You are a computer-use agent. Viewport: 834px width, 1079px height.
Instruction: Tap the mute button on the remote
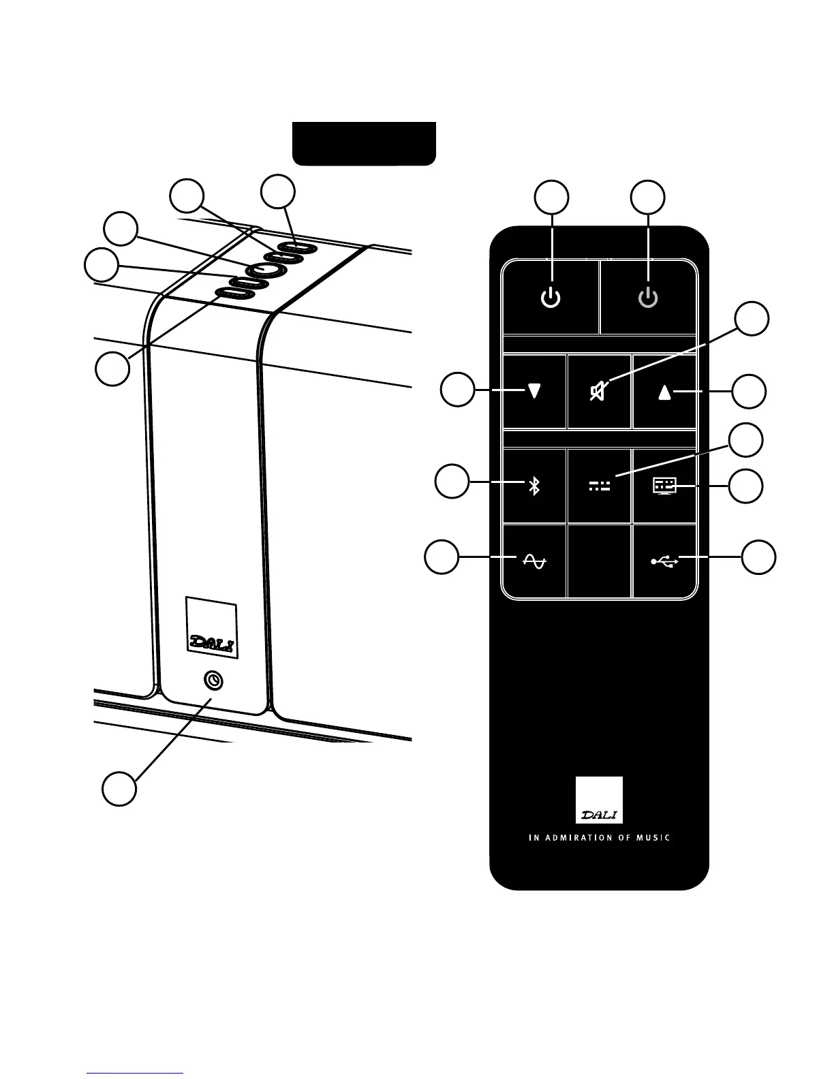click(x=599, y=392)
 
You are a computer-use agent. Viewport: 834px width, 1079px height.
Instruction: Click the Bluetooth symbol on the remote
click(x=535, y=486)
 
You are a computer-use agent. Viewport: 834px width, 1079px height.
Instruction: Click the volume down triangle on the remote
click(x=535, y=392)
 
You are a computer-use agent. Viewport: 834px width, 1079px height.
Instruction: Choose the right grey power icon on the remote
click(x=648, y=298)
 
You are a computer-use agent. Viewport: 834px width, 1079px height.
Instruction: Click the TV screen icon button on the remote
click(x=664, y=486)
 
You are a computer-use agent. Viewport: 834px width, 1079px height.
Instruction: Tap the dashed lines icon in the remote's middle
click(x=600, y=486)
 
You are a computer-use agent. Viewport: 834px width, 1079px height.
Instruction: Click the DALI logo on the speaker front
click(x=211, y=642)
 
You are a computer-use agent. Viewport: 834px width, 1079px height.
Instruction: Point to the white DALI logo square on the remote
click(x=599, y=800)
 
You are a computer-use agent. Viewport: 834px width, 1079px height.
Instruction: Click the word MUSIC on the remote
click(x=653, y=837)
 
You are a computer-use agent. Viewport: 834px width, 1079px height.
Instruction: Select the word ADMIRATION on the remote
click(x=581, y=837)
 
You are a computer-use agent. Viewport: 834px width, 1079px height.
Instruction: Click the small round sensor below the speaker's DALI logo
click(x=214, y=681)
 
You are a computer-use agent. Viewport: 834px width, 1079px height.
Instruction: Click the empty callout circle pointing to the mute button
click(x=753, y=319)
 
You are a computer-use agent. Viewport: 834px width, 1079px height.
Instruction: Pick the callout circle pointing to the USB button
click(x=758, y=557)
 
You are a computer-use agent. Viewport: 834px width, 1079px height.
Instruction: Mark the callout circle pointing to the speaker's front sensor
click(x=119, y=789)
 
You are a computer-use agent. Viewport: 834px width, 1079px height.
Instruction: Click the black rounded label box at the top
click(x=364, y=143)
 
